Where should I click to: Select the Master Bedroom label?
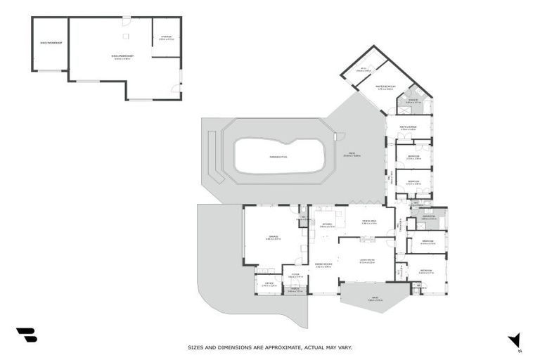pyautogui.click(x=387, y=87)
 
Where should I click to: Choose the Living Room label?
pyautogui.click(x=366, y=261)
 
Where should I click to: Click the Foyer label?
pyautogui.click(x=295, y=275)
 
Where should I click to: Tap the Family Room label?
pyautogui.click(x=323, y=265)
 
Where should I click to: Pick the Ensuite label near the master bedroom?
pyautogui.click(x=413, y=101)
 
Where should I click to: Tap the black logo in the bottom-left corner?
pyautogui.click(x=26, y=335)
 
